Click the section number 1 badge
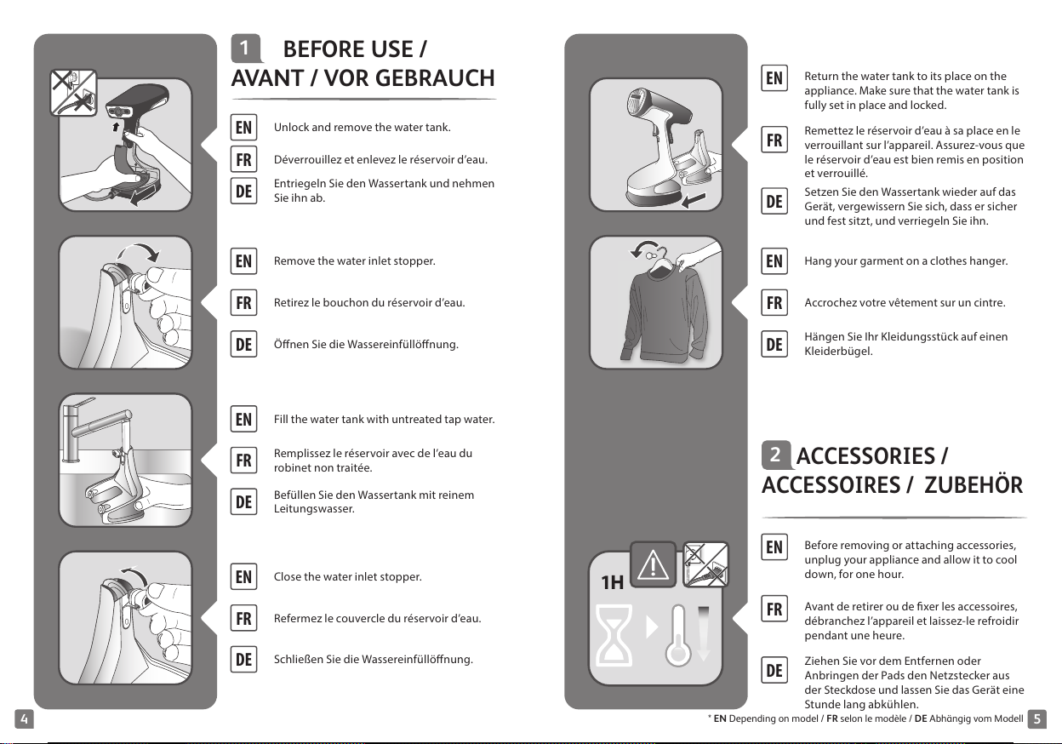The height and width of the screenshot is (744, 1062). click(246, 49)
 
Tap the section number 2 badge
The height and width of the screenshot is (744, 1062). click(775, 455)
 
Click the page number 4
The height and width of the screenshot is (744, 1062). click(24, 718)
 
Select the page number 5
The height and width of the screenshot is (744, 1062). click(1036, 718)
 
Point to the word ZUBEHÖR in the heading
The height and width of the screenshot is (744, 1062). click(973, 484)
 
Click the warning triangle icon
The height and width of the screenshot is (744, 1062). click(653, 565)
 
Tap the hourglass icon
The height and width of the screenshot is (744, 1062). click(614, 635)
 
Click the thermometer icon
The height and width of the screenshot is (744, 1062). click(678, 635)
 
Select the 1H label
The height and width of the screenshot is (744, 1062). click(612, 582)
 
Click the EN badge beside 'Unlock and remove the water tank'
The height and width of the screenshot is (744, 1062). click(243, 127)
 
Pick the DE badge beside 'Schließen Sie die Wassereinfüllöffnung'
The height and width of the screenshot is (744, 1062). click(243, 660)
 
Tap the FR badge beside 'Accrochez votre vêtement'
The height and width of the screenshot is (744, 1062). click(774, 302)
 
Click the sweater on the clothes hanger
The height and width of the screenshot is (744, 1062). click(664, 313)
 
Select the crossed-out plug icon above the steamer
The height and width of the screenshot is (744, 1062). click(73, 93)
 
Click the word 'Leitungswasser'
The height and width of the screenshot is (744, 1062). click(314, 509)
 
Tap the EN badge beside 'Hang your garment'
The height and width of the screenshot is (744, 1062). click(774, 260)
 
